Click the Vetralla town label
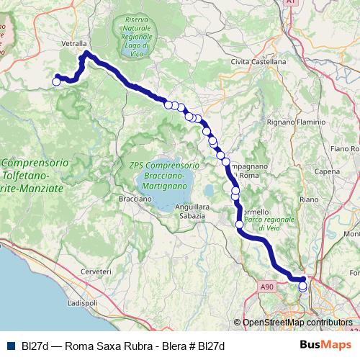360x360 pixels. click(x=74, y=43)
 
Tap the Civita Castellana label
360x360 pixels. click(x=258, y=62)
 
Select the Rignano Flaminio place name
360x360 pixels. click(x=296, y=122)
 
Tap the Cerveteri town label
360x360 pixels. click(x=96, y=271)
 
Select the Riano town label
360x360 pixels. click(x=308, y=198)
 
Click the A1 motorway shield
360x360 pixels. click(x=290, y=3)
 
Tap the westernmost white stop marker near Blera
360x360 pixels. click(x=56, y=81)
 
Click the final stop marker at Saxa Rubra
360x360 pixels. click(x=302, y=287)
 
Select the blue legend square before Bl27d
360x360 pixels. click(x=10, y=346)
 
